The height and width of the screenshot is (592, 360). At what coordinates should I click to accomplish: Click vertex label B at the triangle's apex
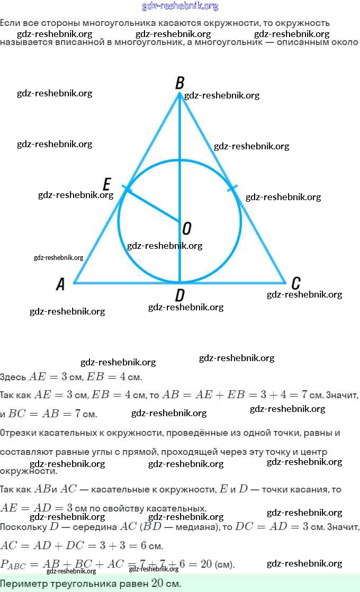pyautogui.click(x=179, y=83)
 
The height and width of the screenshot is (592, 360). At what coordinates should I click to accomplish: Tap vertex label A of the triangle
pyautogui.click(x=60, y=285)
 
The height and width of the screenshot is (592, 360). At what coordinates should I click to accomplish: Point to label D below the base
pyautogui.click(x=179, y=295)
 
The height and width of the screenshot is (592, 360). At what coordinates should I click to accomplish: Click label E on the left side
pyautogui.click(x=106, y=184)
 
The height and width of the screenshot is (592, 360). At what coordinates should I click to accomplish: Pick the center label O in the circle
pyautogui.click(x=186, y=229)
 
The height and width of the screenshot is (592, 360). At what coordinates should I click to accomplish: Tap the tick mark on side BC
pyautogui.click(x=232, y=187)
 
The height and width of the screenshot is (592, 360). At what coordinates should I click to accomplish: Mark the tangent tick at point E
pyautogui.click(x=125, y=187)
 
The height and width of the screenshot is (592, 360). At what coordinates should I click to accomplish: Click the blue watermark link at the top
pyautogui.click(x=180, y=6)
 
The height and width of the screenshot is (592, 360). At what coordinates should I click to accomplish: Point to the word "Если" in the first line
pyautogui.click(x=10, y=23)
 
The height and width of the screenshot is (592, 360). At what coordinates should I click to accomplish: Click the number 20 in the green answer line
pyautogui.click(x=158, y=584)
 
